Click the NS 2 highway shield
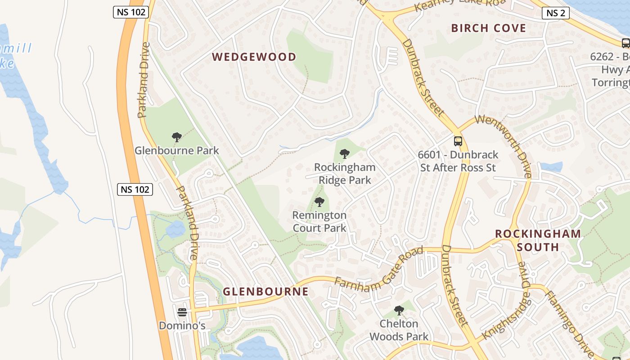point(556,13)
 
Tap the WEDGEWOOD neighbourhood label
point(254,57)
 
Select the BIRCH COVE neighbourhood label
point(489,28)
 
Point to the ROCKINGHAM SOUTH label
point(538,240)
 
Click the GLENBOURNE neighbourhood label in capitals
point(266,292)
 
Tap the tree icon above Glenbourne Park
point(177,137)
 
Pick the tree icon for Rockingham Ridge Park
point(345,154)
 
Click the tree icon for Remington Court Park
point(319,202)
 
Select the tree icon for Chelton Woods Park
point(399,310)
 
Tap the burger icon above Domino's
point(182,312)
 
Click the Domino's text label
point(182,325)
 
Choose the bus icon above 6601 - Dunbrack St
point(458,141)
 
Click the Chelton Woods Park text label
point(399,330)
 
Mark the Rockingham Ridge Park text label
point(345,174)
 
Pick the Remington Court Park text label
point(319,221)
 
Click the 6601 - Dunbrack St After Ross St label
point(458,161)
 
